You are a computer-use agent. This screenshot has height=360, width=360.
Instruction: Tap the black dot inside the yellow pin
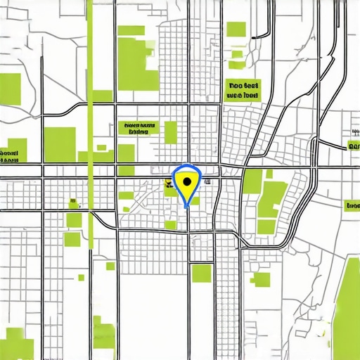point(186,181)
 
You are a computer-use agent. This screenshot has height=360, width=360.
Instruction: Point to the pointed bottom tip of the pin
point(186,207)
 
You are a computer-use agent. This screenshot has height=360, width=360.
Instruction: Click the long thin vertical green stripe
point(91,105)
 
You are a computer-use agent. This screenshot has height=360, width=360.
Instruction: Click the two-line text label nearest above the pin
point(138,127)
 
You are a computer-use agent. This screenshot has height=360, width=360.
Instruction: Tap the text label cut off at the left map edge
point(9,153)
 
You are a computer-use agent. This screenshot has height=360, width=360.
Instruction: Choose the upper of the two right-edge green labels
point(353,147)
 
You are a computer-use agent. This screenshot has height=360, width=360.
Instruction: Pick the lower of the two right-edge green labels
point(352,206)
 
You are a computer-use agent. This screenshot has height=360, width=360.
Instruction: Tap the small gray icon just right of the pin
point(208,181)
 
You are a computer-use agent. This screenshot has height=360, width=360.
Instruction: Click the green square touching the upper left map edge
point(10,89)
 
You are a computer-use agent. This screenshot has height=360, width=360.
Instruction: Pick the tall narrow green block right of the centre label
point(170,132)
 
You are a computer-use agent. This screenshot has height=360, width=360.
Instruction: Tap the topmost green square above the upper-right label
point(236,30)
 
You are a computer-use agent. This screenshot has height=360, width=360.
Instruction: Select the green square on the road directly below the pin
point(201,273)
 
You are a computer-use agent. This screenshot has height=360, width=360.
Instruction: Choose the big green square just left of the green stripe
point(60,145)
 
